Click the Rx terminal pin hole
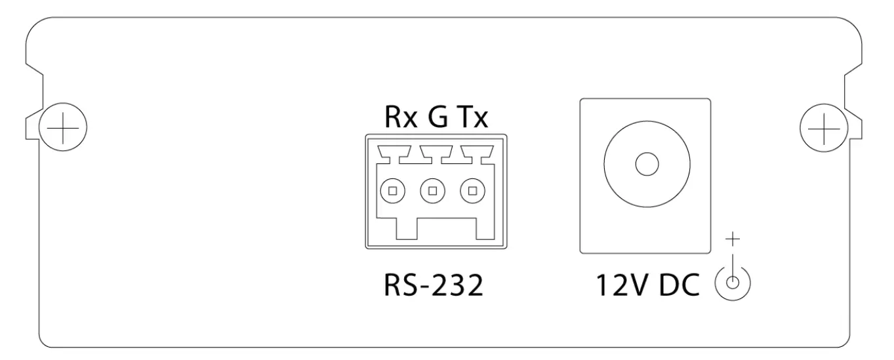tap(393, 191)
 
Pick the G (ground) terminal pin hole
tap(432, 191)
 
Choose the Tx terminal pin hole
tap(471, 191)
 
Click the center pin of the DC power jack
tap(646, 164)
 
